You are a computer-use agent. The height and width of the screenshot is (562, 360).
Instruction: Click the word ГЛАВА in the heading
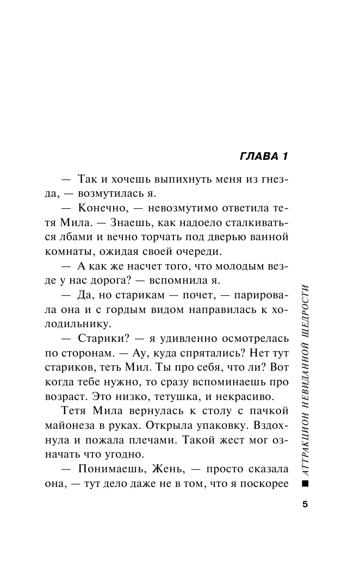point(257,158)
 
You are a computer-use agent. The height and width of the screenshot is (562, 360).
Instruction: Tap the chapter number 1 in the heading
point(284,158)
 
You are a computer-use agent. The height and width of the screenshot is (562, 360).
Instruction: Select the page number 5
point(305,504)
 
